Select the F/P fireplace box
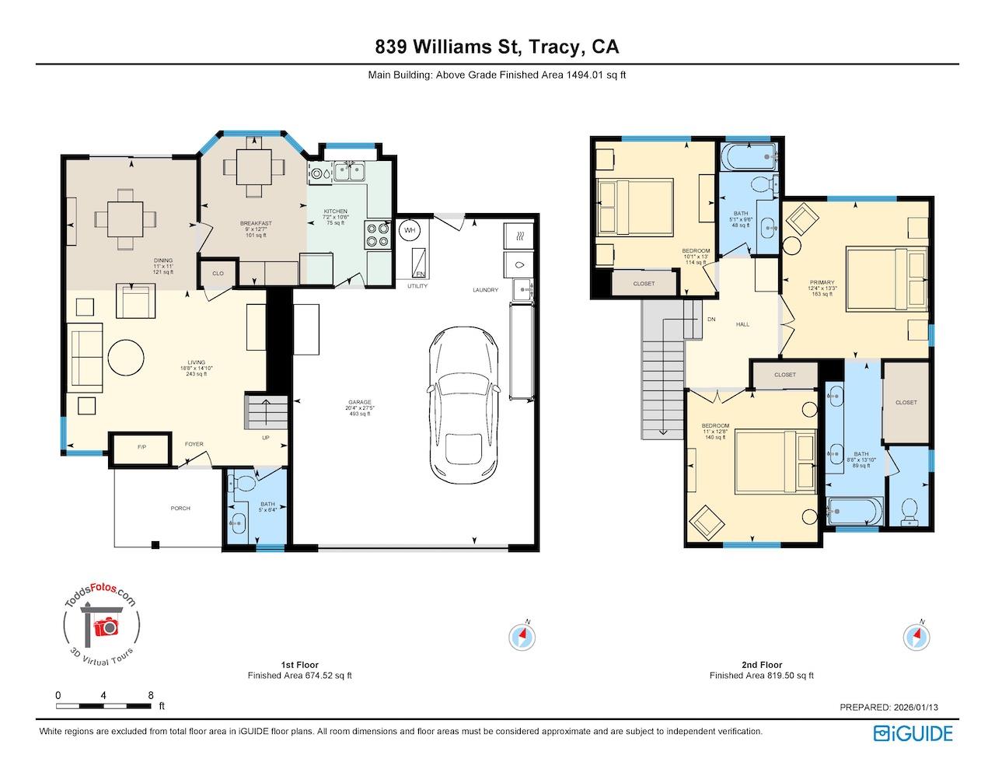point(141,448)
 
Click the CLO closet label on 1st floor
point(218,274)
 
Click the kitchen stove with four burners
point(377,235)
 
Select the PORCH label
point(180,509)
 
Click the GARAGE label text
point(359,403)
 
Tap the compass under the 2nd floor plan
point(916,637)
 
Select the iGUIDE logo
point(913,733)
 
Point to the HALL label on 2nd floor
point(742,324)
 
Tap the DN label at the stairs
point(710,320)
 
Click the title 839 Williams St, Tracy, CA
point(497,47)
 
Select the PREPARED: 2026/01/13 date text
point(894,708)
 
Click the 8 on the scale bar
point(150,695)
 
